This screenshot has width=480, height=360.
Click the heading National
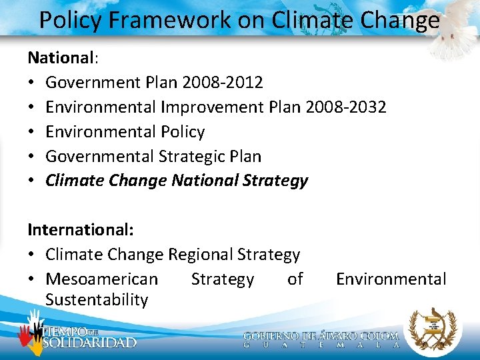[x=61, y=57]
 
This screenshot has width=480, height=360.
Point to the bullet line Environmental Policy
[x=125, y=131]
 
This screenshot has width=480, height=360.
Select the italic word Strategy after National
[x=276, y=181]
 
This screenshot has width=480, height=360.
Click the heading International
[x=80, y=230]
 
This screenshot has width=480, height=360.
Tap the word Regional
[x=201, y=255]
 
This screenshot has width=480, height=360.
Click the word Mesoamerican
[x=101, y=279]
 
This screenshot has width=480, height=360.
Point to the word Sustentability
[x=97, y=300]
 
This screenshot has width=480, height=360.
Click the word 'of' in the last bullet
[x=295, y=279]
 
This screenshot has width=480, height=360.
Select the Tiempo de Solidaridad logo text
[x=89, y=337]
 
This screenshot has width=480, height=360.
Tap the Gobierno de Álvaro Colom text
[x=321, y=337]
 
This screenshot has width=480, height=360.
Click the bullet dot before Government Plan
[x=31, y=83]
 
